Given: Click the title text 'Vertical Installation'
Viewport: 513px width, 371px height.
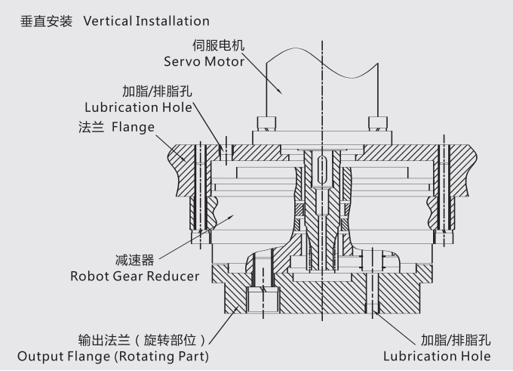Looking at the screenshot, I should coord(146,20).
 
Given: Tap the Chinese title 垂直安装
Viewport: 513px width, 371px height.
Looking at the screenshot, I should coord(47,20).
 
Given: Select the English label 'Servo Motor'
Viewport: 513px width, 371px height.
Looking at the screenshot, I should coord(204,60).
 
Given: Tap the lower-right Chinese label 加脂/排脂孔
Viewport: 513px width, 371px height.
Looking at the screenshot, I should coord(447,339).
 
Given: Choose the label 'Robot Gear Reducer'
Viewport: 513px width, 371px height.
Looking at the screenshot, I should coord(135,276).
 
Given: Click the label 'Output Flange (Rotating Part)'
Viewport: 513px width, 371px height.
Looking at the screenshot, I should coord(113,355).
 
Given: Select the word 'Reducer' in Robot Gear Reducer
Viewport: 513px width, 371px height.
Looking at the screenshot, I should coord(174,276).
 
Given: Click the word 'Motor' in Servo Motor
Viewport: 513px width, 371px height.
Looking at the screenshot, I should coord(224,60).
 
